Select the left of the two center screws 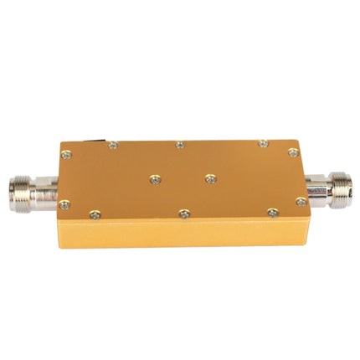click(152, 177)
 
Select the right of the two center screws click(208, 177)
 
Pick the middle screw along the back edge click(179, 145)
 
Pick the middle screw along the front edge click(185, 213)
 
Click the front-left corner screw click(64, 203)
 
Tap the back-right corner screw click(292, 152)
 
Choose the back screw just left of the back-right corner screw click(262, 144)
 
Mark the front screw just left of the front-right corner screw click(272, 213)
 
